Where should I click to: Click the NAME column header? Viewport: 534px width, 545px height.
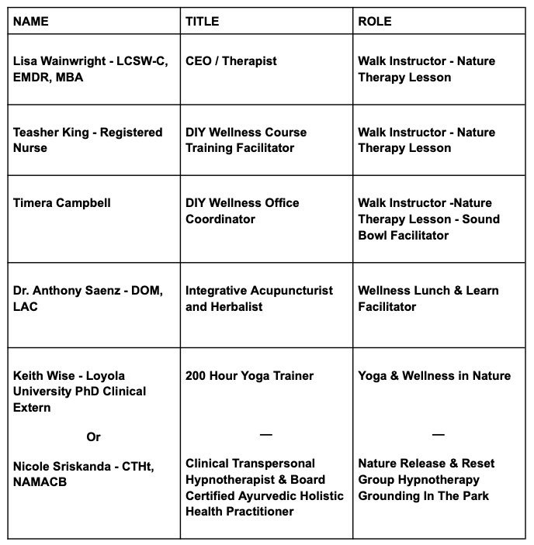pos(31,22)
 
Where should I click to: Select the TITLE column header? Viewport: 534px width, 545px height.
pos(203,22)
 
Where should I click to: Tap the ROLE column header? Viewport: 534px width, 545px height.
pos(374,22)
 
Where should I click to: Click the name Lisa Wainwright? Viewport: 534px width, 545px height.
pos(58,61)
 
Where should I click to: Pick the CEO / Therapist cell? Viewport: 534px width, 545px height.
pos(231,61)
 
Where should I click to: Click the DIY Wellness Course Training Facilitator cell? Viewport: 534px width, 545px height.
pos(246,140)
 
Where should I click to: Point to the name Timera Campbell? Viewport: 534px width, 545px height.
pos(62,203)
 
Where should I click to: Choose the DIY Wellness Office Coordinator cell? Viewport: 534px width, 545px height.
pos(242,211)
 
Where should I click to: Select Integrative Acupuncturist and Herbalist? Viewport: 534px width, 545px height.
pos(258,298)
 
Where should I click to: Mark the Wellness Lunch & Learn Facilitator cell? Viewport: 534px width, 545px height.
pos(428,298)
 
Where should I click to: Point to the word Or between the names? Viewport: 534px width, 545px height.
pos(93,437)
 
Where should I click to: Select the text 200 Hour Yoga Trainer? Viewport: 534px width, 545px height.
pos(249,376)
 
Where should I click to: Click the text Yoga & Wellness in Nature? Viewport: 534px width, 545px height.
pos(434,376)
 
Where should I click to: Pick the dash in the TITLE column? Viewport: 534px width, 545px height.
pos(265,434)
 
